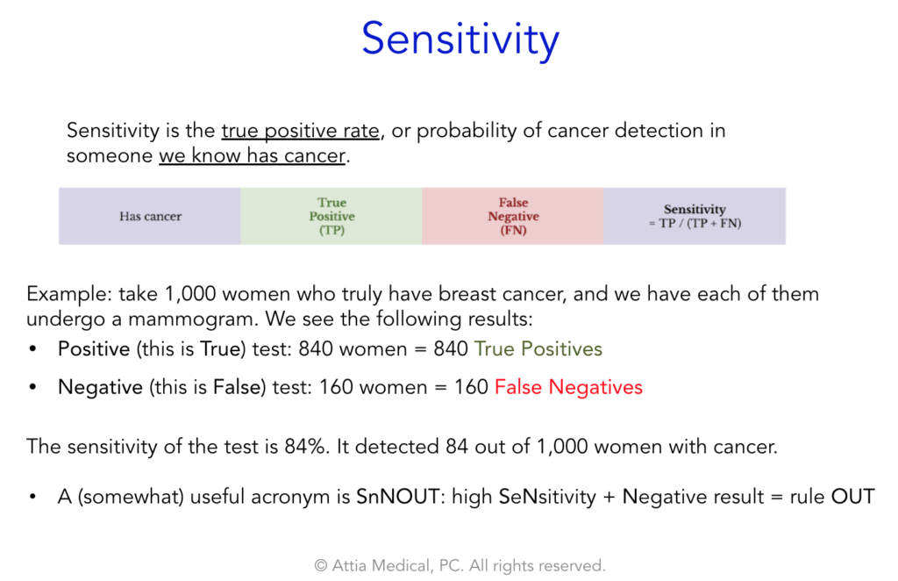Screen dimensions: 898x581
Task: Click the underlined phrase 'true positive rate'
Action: click(x=301, y=131)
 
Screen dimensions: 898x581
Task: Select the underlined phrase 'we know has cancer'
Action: click(x=253, y=155)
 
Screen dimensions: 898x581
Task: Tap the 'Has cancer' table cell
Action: click(x=150, y=216)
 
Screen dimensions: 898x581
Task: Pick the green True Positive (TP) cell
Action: click(x=331, y=216)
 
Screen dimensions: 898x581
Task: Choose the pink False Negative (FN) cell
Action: click(x=512, y=216)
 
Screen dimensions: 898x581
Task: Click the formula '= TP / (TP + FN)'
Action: click(x=695, y=224)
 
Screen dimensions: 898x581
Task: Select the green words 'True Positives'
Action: click(x=538, y=349)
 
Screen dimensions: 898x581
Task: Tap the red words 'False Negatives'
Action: click(x=568, y=387)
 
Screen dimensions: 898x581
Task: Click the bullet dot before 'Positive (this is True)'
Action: click(x=32, y=349)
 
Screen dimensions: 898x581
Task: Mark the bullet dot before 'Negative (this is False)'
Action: click(x=32, y=387)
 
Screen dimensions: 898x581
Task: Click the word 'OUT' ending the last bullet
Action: click(x=852, y=496)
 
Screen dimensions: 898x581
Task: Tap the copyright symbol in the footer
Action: click(x=321, y=566)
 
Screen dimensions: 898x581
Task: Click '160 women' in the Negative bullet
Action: click(x=374, y=387)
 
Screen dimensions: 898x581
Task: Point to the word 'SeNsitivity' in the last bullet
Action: click(x=547, y=496)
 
